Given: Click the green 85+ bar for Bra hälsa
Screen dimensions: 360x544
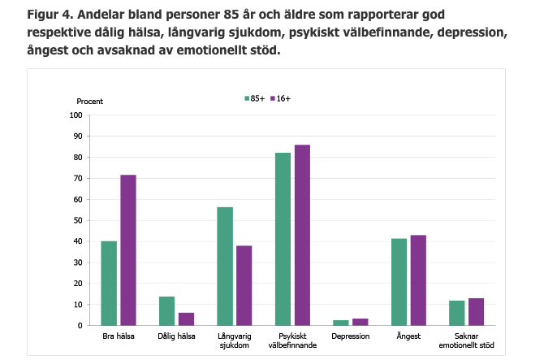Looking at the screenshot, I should [x=109, y=284].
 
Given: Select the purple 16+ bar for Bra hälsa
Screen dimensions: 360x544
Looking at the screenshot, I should [x=128, y=250].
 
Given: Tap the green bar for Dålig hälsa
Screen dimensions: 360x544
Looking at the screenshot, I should [x=166, y=311].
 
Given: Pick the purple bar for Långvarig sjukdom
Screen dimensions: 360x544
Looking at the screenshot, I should [x=244, y=285].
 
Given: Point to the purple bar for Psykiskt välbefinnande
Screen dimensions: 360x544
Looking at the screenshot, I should [x=302, y=235].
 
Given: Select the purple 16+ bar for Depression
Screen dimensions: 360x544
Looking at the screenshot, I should [x=360, y=322].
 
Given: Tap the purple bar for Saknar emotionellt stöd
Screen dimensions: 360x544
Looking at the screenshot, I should [x=476, y=312].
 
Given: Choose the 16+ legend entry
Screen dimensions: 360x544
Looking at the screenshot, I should [x=281, y=98].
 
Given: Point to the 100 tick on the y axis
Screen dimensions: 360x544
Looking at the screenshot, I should [x=76, y=115].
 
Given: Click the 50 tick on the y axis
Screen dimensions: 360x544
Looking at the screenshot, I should [x=78, y=220].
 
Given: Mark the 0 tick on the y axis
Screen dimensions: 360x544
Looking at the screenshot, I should [x=80, y=326].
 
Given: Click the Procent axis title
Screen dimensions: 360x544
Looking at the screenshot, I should [x=90, y=101].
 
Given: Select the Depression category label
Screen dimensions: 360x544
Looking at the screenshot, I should [x=351, y=336].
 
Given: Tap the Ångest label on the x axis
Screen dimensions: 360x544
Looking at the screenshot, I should [x=408, y=336].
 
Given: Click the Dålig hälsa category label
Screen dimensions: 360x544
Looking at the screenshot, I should [x=177, y=336].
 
